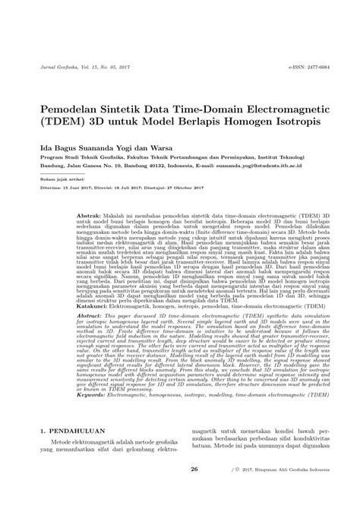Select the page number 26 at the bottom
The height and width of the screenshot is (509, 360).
(194, 491)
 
